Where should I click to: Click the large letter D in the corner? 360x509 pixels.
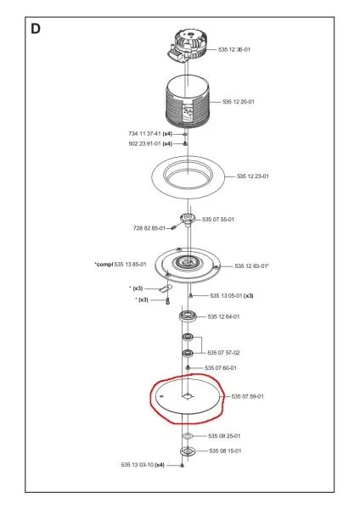click(x=36, y=29)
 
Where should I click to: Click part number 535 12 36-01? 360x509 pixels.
click(x=234, y=50)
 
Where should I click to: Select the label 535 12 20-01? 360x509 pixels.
click(x=239, y=102)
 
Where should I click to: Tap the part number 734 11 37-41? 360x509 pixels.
click(x=144, y=134)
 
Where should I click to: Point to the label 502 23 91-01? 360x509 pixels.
click(x=144, y=144)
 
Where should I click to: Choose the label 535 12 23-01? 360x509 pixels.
click(x=253, y=176)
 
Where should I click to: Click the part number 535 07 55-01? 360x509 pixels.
click(x=218, y=220)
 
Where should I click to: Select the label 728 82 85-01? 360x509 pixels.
click(x=149, y=228)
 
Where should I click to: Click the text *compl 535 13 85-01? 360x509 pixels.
click(x=121, y=265)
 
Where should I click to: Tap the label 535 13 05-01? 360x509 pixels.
click(x=226, y=296)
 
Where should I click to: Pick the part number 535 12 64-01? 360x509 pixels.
click(x=223, y=316)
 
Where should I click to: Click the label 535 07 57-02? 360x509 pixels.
click(x=223, y=353)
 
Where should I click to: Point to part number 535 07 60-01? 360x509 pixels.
click(x=221, y=368)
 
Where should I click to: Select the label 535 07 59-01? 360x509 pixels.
click(x=248, y=396)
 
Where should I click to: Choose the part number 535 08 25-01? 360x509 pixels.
click(x=224, y=436)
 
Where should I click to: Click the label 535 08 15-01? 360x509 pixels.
click(x=225, y=451)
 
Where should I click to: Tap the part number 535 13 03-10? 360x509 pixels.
click(x=137, y=465)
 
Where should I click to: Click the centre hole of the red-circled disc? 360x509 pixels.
click(x=187, y=396)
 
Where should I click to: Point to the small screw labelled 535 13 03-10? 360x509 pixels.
click(x=182, y=466)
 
